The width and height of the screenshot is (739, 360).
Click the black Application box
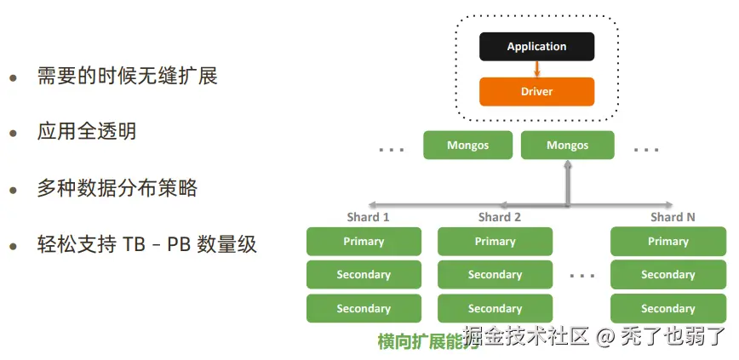536,47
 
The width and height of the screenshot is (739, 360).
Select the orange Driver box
536,91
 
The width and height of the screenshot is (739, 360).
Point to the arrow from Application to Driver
536,69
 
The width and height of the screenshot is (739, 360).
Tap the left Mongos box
467,146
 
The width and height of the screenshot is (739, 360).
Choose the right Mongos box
567,146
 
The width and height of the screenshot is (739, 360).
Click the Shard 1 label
368,217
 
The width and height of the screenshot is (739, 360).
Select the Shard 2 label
500,217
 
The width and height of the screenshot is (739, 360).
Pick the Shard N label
673,217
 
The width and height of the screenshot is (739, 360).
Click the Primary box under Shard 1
364,242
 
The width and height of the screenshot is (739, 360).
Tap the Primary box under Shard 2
495,242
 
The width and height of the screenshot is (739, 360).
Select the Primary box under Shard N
667,242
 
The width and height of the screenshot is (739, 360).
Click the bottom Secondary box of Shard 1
364,308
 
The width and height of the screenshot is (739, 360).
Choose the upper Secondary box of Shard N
667,275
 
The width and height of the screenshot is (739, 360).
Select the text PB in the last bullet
179,245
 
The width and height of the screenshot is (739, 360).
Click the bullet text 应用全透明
86,132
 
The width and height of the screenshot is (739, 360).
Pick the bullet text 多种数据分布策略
117,188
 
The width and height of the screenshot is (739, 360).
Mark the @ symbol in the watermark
604,337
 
